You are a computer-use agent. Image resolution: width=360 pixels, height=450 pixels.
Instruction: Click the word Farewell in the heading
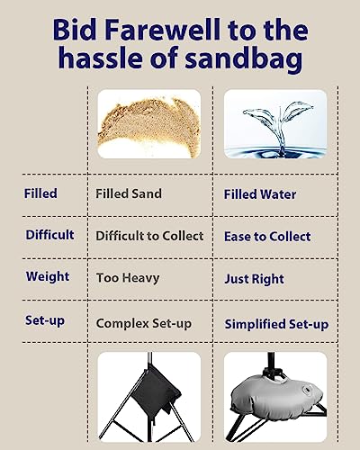tap(162, 30)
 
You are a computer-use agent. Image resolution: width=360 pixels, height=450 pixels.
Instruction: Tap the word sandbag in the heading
tap(243, 58)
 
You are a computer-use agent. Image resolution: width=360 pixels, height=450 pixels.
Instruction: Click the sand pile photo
tap(149, 124)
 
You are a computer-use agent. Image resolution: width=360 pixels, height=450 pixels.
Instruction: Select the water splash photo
tap(275, 124)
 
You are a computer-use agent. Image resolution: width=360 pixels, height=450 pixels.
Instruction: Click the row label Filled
tap(40, 193)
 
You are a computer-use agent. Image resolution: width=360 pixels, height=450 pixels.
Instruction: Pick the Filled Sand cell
tap(129, 193)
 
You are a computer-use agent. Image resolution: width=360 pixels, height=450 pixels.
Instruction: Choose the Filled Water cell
tap(260, 194)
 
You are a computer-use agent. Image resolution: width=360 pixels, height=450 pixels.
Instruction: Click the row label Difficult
tap(49, 235)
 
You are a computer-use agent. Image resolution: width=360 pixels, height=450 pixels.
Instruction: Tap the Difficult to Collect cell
tap(149, 236)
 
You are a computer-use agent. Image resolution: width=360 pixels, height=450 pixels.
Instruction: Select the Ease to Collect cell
tap(267, 237)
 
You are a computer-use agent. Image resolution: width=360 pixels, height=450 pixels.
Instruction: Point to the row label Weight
tap(48, 276)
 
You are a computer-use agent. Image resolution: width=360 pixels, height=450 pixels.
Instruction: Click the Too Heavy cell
tap(128, 278)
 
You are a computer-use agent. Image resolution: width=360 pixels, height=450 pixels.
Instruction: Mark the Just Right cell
tap(254, 279)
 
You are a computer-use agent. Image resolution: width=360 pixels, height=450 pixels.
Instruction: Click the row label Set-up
tap(45, 320)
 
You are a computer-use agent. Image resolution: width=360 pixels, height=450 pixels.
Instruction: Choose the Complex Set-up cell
tap(144, 324)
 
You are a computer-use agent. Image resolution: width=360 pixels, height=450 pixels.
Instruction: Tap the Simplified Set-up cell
tap(276, 325)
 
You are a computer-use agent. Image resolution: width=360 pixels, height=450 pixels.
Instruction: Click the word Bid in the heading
tap(75, 30)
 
